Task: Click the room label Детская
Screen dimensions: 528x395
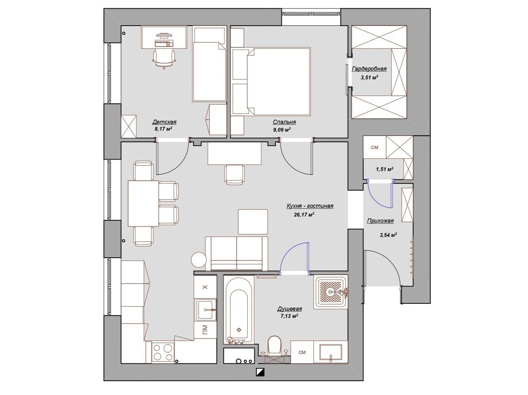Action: click(164, 122)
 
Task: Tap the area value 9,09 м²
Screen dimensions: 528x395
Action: click(282, 130)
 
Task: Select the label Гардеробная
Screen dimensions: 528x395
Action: click(369, 69)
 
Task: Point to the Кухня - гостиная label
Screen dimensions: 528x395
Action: click(310, 206)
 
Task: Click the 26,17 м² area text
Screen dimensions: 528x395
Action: click(304, 214)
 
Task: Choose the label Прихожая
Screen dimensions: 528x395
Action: click(380, 221)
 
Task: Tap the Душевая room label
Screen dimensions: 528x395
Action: click(290, 308)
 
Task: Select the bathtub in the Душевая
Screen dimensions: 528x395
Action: click(239, 310)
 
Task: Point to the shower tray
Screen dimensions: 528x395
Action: click(331, 292)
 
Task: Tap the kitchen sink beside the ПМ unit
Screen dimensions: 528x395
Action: click(206, 310)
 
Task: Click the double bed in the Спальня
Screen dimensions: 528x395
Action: click(278, 81)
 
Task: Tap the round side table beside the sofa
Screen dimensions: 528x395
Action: click(199, 260)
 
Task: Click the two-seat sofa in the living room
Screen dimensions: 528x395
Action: click(236, 254)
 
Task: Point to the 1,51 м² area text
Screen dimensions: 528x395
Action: click(385, 169)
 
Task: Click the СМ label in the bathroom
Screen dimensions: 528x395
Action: click(302, 352)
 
